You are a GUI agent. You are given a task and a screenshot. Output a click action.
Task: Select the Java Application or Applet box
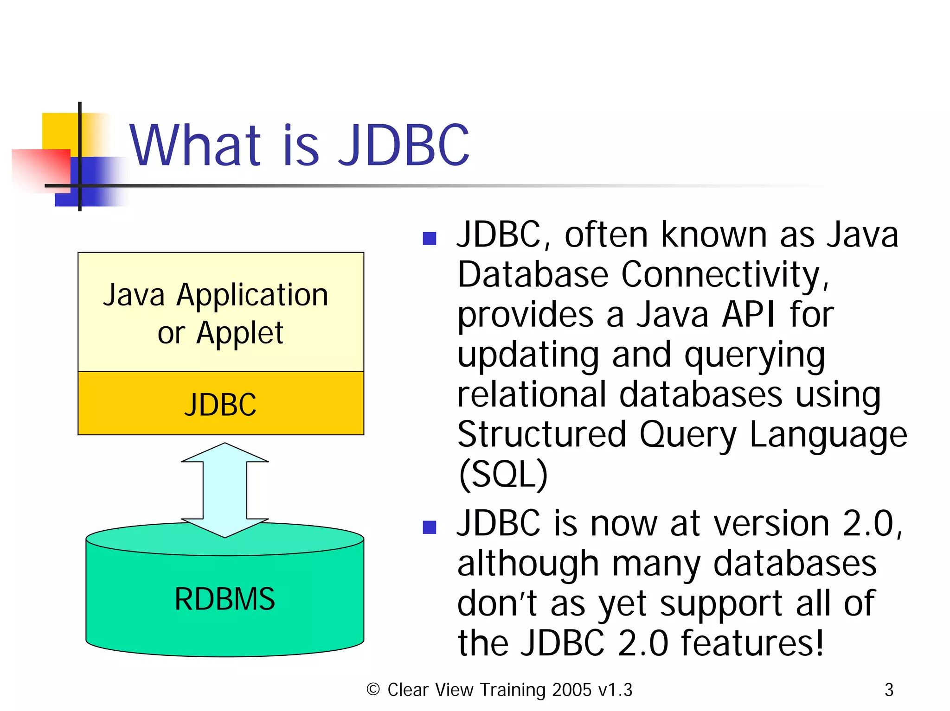click(220, 312)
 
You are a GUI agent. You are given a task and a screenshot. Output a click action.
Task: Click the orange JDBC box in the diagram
click(220, 403)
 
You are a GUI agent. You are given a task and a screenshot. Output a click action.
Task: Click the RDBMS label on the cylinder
click(225, 599)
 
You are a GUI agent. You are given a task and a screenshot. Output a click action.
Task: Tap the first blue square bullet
click(430, 238)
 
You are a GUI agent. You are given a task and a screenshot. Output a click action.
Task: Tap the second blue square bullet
click(430, 527)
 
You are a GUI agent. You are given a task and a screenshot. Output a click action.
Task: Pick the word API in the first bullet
click(748, 315)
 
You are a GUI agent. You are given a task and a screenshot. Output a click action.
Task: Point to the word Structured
click(541, 434)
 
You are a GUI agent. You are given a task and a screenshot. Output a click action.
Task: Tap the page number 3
click(889, 690)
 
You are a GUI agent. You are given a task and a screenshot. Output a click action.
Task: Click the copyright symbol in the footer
click(373, 689)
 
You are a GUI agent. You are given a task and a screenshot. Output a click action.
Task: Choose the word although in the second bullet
click(528, 564)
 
